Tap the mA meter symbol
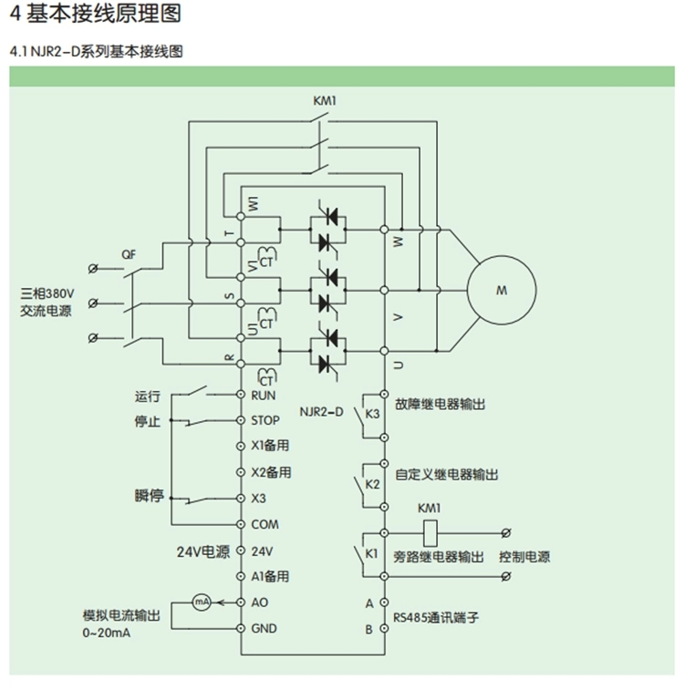202,602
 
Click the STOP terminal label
264,421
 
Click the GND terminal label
264,628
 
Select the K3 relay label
372,413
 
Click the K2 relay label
372,483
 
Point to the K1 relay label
372,554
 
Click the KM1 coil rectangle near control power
428,531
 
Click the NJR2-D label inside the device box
321,412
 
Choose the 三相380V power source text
47,293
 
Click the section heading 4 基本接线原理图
95,14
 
